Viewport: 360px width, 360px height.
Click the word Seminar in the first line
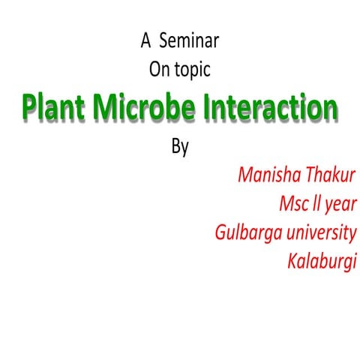pyautogui.click(x=190, y=40)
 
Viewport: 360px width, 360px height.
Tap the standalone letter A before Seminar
pyautogui.click(x=145, y=40)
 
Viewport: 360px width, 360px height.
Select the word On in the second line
pyautogui.click(x=160, y=70)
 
